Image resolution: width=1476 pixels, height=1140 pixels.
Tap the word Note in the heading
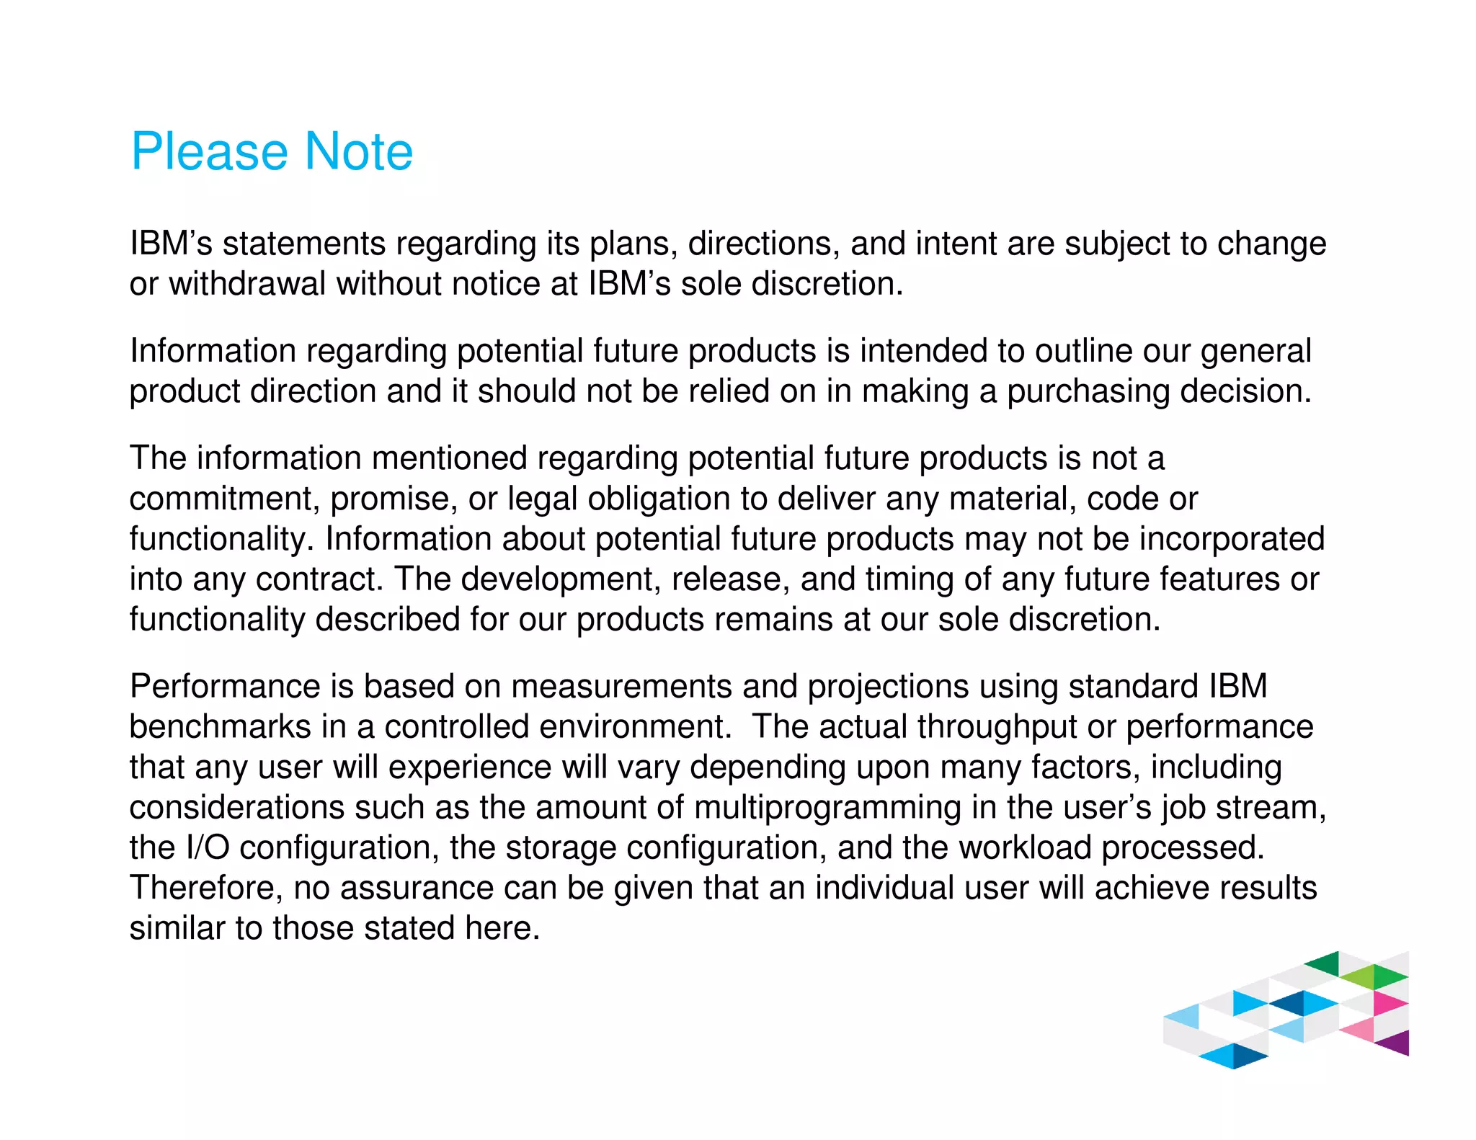pyautogui.click(x=358, y=152)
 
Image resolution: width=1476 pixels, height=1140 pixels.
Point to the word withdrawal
pyautogui.click(x=247, y=284)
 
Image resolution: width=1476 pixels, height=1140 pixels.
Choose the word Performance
pyautogui.click(x=225, y=687)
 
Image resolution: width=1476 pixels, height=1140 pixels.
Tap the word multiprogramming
pyautogui.click(x=827, y=808)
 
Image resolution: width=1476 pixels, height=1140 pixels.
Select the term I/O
pyautogui.click(x=208, y=848)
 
